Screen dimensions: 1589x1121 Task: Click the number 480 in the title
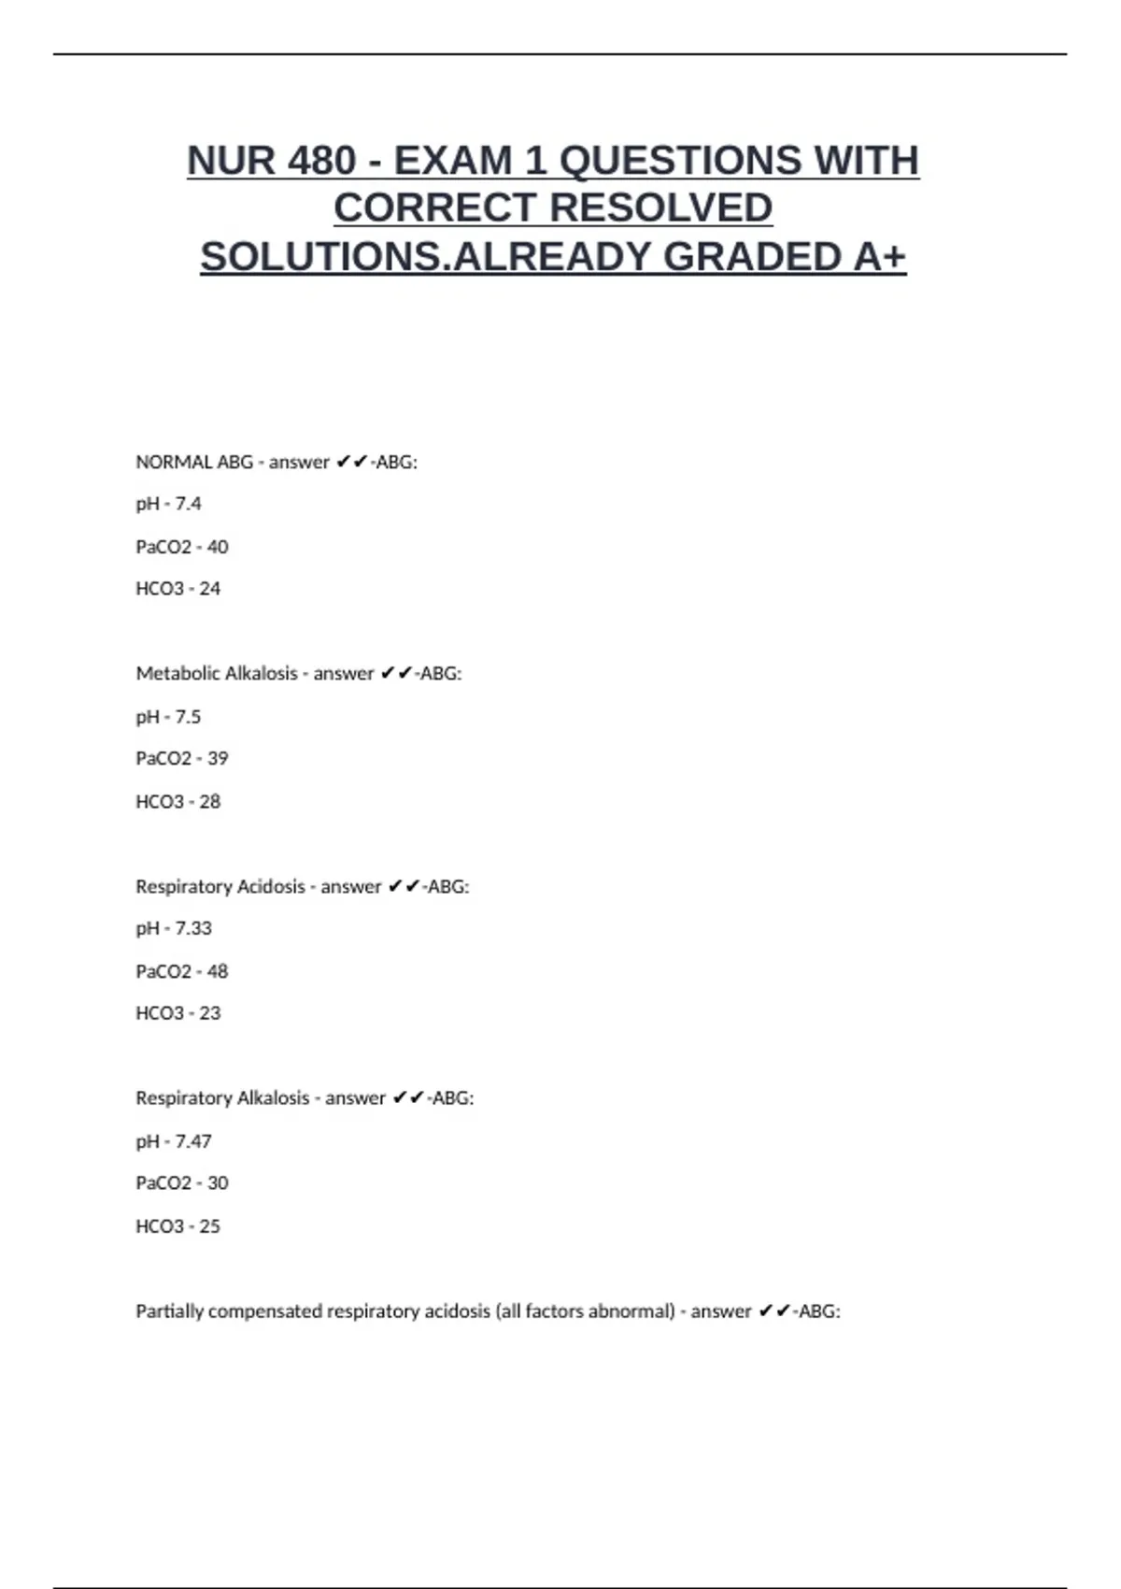321,161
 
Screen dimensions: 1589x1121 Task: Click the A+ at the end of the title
879,257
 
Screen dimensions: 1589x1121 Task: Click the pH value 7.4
188,504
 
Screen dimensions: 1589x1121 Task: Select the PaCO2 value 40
217,547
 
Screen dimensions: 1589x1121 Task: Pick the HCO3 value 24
210,589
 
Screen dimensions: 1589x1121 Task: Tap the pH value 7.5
188,717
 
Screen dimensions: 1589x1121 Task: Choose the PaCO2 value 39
217,758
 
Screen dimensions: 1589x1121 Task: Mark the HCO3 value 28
210,802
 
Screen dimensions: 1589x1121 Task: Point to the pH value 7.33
193,928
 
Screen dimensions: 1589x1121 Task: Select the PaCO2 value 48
217,971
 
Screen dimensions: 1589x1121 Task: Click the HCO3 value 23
210,1013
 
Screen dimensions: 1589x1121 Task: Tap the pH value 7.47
193,1141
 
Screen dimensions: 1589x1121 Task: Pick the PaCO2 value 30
217,1183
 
